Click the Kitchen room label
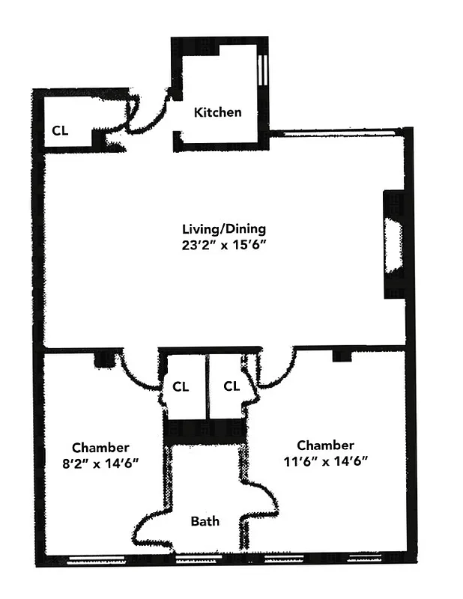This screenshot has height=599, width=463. [217, 112]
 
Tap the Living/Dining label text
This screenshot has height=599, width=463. [224, 228]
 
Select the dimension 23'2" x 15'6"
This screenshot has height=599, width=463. [224, 243]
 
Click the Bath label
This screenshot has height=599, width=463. [205, 520]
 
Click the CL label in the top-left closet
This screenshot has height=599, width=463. [60, 130]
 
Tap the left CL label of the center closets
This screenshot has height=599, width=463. [181, 387]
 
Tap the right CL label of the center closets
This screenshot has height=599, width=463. [231, 386]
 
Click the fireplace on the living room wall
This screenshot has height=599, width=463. [393, 245]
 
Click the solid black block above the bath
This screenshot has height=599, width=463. [205, 431]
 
